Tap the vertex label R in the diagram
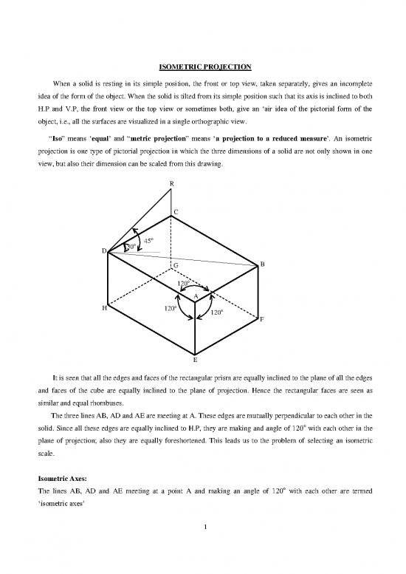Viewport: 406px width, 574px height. [x=171, y=183]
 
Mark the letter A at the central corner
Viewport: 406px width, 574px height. [x=195, y=296]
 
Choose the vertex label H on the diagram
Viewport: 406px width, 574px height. [x=104, y=308]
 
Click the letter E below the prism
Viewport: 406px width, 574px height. [x=195, y=361]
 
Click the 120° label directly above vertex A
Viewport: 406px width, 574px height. [x=184, y=282]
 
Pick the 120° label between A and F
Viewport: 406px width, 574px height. [x=217, y=312]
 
